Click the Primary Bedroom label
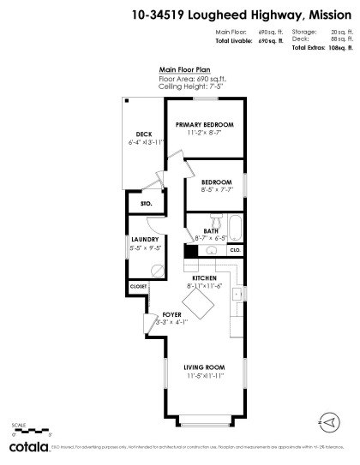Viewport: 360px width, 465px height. point(205,125)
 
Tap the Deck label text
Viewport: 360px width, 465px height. point(143,133)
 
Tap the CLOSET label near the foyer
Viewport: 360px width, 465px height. point(138,286)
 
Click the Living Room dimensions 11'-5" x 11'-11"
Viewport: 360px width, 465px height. point(204,375)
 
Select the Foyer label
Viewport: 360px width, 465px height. point(171,315)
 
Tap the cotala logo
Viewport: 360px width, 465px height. point(27,447)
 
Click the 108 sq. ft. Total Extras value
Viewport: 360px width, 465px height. point(339,48)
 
